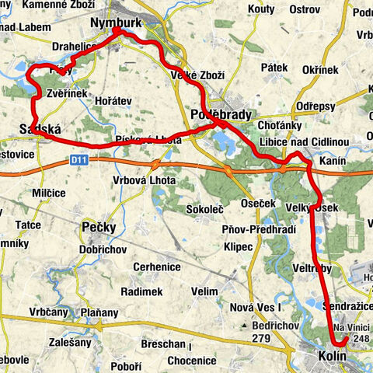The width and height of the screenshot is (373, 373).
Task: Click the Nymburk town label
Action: click(x=116, y=23)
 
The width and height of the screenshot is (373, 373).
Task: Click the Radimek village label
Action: click(x=141, y=291)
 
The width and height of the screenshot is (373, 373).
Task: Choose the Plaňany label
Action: click(x=103, y=313)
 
